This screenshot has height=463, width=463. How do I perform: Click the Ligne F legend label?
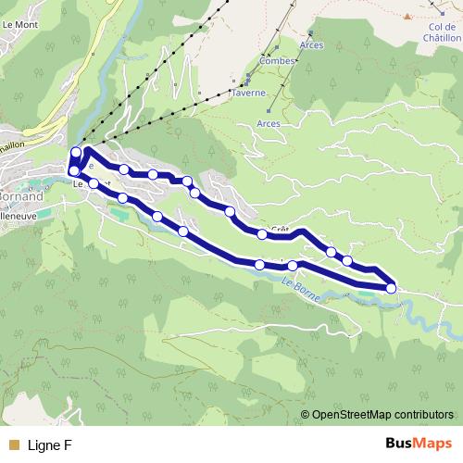click(x=50, y=445)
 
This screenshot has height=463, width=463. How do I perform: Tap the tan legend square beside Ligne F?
click(x=14, y=445)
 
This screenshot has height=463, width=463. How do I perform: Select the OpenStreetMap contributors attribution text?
click(x=382, y=414)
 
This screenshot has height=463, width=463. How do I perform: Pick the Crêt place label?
click(x=281, y=229)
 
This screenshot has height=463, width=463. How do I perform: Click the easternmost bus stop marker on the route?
click(x=391, y=288)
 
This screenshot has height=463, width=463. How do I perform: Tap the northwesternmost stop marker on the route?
click(x=76, y=152)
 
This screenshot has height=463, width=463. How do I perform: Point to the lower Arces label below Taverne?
click(x=268, y=122)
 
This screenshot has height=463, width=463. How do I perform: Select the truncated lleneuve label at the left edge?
click(x=19, y=211)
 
